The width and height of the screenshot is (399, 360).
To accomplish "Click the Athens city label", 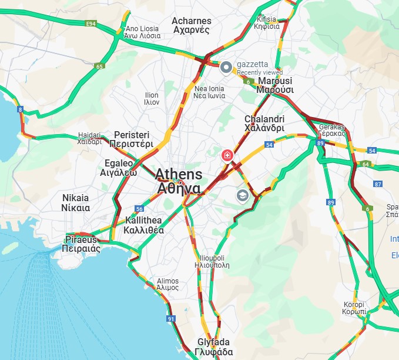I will point(179,181).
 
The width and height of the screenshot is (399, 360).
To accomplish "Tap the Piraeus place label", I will point(81,244).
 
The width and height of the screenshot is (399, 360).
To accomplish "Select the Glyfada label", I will point(214,347).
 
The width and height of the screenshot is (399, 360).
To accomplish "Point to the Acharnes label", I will point(191,25).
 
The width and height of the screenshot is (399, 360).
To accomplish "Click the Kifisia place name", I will point(267,22).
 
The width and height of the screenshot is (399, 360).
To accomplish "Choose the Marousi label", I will point(274,85).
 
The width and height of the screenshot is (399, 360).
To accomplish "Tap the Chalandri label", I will point(264,123).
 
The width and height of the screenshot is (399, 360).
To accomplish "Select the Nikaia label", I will point(76,202).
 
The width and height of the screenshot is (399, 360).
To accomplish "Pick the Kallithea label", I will point(144,225).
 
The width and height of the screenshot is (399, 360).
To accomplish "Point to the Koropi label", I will point(354,308).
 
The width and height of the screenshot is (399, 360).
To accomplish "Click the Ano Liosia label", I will point(143,32).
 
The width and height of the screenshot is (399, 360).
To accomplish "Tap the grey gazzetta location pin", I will point(226,68).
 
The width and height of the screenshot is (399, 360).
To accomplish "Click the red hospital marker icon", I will point(227,155).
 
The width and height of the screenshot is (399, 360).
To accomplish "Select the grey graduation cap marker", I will point(242,195).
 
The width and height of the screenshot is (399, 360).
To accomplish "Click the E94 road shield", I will point(90,24).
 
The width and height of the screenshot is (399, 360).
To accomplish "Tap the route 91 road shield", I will point(171,319).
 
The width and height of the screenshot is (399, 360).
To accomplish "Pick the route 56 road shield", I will point(139,209).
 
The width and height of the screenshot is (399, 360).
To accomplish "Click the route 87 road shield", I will point(378,185).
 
